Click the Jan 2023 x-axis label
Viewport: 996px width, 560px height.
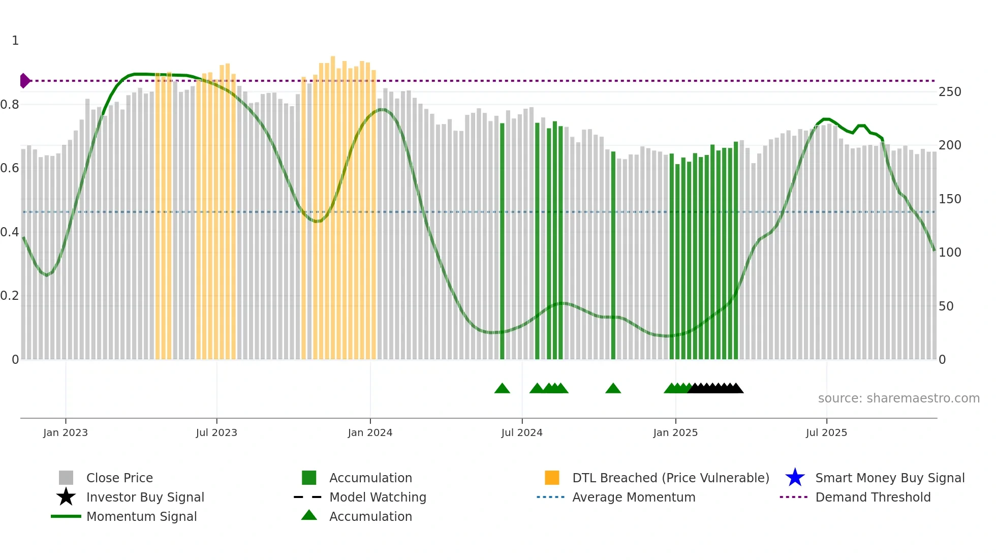click(x=65, y=432)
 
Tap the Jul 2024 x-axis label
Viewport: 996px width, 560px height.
click(x=521, y=432)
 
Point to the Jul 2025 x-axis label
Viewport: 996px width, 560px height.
click(x=826, y=432)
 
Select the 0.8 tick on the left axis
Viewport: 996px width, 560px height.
click(x=10, y=105)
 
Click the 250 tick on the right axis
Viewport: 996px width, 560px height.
click(x=949, y=92)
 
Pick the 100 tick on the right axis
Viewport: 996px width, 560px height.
click(x=949, y=253)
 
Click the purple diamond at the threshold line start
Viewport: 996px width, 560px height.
click(x=24, y=81)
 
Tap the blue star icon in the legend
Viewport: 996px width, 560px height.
click(x=795, y=478)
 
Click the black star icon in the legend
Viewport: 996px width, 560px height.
click(x=66, y=497)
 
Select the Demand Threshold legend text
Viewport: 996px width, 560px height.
click(x=873, y=497)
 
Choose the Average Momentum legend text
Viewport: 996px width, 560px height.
click(x=633, y=497)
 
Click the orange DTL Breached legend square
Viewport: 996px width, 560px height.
click(x=551, y=478)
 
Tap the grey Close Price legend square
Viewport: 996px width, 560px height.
click(x=66, y=478)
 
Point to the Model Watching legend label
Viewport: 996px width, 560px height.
click(x=378, y=497)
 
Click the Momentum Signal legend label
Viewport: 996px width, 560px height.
click(x=141, y=516)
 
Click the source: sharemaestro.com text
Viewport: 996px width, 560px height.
click(x=898, y=398)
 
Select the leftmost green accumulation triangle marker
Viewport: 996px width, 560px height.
click(x=502, y=389)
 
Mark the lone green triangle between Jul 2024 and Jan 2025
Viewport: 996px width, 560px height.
click(x=613, y=389)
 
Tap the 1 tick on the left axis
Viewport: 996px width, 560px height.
click(x=15, y=41)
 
